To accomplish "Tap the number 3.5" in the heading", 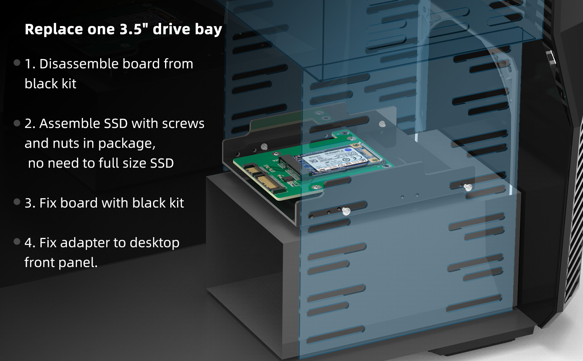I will pos(131,29).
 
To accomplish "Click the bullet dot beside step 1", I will pos(17,63).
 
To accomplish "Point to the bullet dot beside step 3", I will pos(17,202).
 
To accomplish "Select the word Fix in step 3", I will pos(48,203).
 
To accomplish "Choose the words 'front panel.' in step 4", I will pos(61,263).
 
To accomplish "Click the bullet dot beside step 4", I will pos(17,241).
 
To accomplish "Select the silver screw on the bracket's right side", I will pos(467,187).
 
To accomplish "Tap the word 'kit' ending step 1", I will pos(69,84).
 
